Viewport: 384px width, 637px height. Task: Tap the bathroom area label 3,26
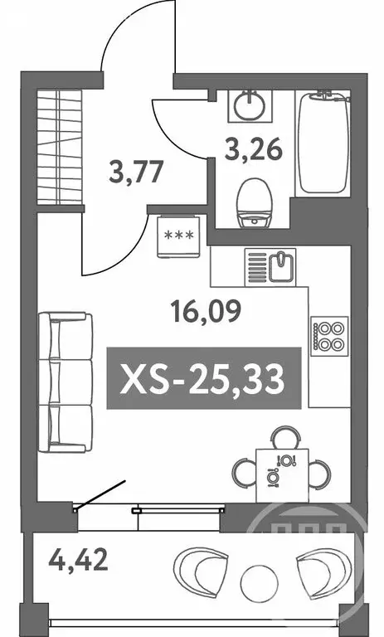point(255,151)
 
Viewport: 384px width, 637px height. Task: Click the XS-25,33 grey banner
point(203,378)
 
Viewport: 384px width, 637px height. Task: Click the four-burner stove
point(328,335)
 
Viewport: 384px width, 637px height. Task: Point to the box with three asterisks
point(179,233)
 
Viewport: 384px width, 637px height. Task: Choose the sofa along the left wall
point(64,382)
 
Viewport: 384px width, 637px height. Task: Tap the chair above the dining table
point(285,436)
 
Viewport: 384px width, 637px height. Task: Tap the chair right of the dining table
point(320,474)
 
